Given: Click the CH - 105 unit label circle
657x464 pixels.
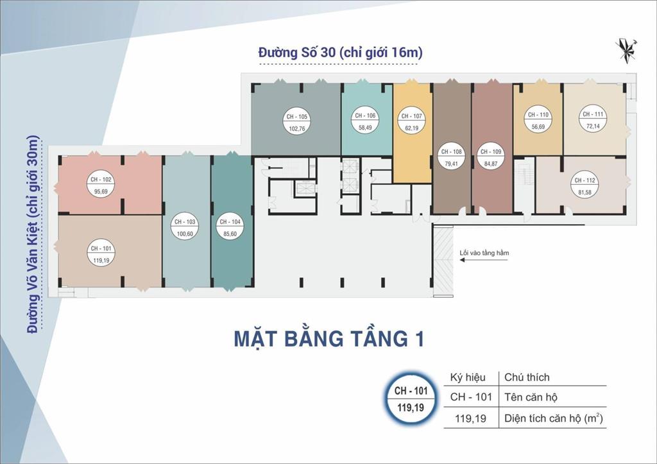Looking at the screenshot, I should [296, 122].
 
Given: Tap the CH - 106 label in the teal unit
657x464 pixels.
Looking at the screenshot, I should [365, 121].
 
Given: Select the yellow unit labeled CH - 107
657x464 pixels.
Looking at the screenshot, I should [411, 121].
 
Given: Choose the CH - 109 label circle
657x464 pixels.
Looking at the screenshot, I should [491, 157].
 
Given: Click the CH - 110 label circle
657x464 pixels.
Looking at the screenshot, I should [537, 120].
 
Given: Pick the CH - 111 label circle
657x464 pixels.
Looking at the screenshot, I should [592, 119].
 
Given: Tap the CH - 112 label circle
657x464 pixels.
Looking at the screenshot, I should [585, 185].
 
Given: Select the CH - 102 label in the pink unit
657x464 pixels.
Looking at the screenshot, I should [101, 185].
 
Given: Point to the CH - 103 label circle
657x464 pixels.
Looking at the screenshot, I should [185, 227].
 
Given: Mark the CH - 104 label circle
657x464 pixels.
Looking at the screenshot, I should [229, 227].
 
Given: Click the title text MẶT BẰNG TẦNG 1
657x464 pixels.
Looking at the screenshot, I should [329, 338].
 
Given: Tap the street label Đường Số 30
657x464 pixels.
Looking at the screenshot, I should [340, 53].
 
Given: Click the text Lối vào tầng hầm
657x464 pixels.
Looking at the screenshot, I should [484, 253].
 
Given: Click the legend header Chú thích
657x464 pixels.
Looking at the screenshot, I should [527, 377].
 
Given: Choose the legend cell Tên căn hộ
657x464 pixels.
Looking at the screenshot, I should [531, 397].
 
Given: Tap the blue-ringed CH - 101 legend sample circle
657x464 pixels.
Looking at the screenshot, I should [409, 398].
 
